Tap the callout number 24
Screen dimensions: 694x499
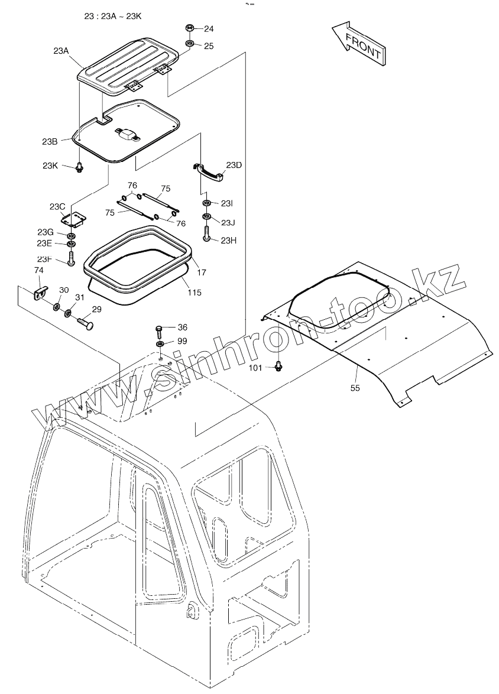pyautogui.click(x=209, y=28)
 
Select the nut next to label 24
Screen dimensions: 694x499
pyautogui.click(x=190, y=28)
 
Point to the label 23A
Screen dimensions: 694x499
pyautogui.click(x=61, y=51)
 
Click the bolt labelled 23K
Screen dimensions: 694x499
pyautogui.click(x=79, y=167)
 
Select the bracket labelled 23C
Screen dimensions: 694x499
pyautogui.click(x=76, y=218)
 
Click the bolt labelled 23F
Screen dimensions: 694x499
pyautogui.click(x=71, y=258)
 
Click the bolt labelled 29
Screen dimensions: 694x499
pyautogui.click(x=86, y=322)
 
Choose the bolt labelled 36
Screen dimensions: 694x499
pyautogui.click(x=159, y=328)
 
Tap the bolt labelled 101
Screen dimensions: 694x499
pyautogui.click(x=277, y=367)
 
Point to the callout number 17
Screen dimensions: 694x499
pyautogui.click(x=202, y=273)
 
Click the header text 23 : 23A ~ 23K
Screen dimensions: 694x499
pyautogui.click(x=113, y=16)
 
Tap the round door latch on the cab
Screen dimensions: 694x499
pyautogui.click(x=192, y=608)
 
